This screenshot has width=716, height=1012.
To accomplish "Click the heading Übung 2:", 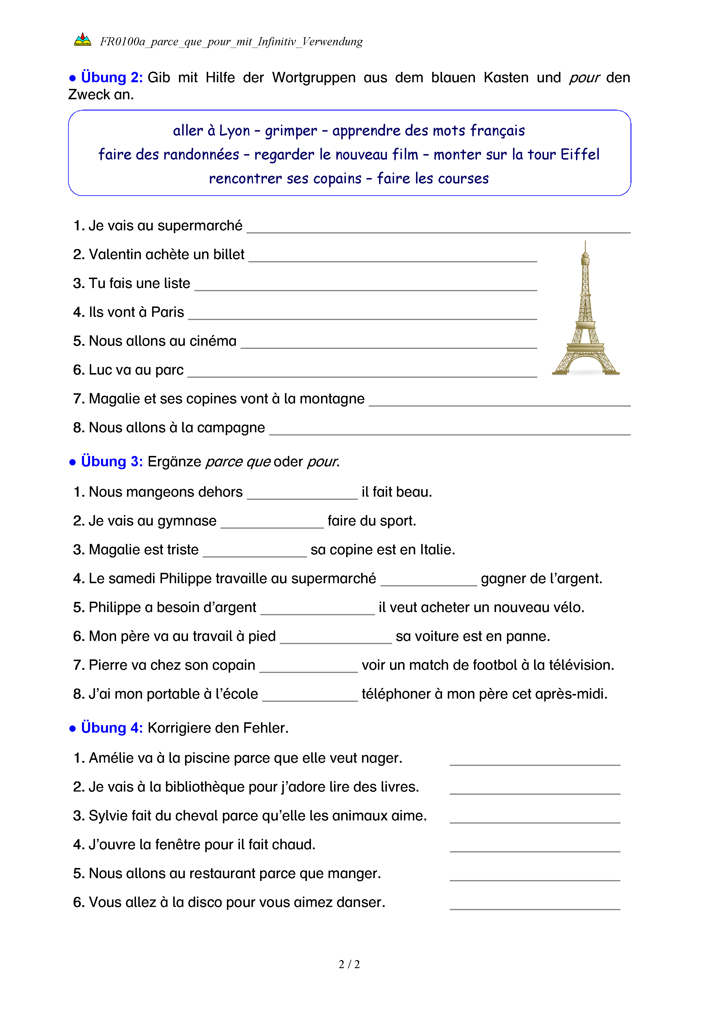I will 111,78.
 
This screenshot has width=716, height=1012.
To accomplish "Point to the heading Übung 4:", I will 111,728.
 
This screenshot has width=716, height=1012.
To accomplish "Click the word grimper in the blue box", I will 291,131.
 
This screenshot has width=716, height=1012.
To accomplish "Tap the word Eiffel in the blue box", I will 579,155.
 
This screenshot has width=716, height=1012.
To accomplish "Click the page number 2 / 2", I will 349,964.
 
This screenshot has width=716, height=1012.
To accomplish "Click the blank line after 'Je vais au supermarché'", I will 438,229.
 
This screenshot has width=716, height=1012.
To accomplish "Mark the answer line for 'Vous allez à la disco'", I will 535,906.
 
